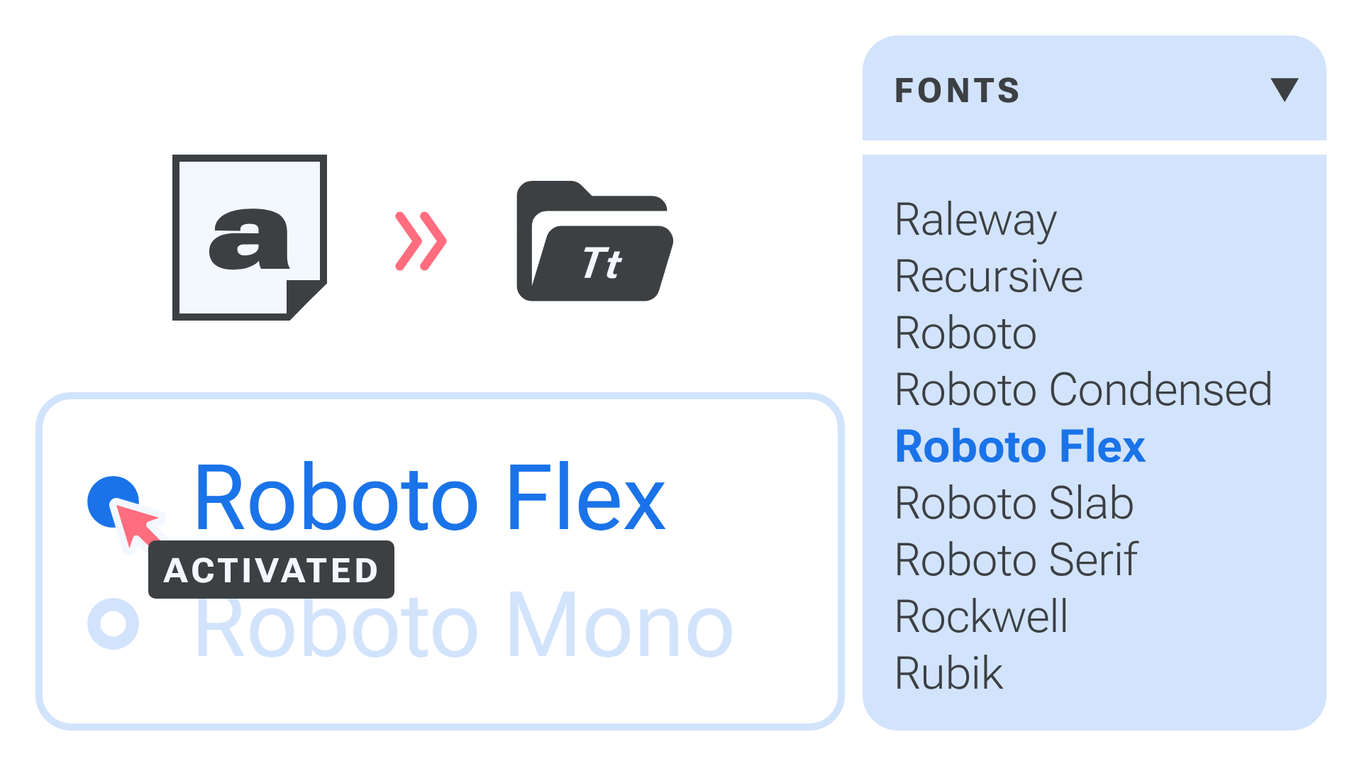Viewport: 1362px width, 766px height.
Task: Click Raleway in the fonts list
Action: pyautogui.click(x=975, y=221)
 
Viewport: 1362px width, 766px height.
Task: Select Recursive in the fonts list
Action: pyautogui.click(x=989, y=277)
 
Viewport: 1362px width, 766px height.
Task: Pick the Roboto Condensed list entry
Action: pyautogui.click(x=1083, y=390)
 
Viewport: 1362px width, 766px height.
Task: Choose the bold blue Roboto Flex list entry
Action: pyautogui.click(x=1020, y=447)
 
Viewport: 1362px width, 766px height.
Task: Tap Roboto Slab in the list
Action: pyautogui.click(x=1014, y=504)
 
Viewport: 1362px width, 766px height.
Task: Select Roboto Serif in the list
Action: pyautogui.click(x=1016, y=560)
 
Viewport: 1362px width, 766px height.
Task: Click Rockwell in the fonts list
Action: pyautogui.click(x=981, y=617)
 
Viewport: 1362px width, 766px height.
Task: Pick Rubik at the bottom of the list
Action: pyautogui.click(x=948, y=674)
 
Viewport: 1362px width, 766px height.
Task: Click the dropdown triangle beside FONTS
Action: pyautogui.click(x=1284, y=89)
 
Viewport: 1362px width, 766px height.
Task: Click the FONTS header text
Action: pyautogui.click(x=957, y=91)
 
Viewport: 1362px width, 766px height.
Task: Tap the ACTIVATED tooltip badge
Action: pyautogui.click(x=271, y=570)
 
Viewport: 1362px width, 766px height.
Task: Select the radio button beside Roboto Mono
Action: pyautogui.click(x=113, y=623)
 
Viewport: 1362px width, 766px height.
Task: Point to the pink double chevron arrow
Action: pyautogui.click(x=421, y=241)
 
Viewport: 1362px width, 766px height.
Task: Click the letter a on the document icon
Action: pyautogui.click(x=249, y=239)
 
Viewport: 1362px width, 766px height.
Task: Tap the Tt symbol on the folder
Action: pyautogui.click(x=602, y=264)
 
